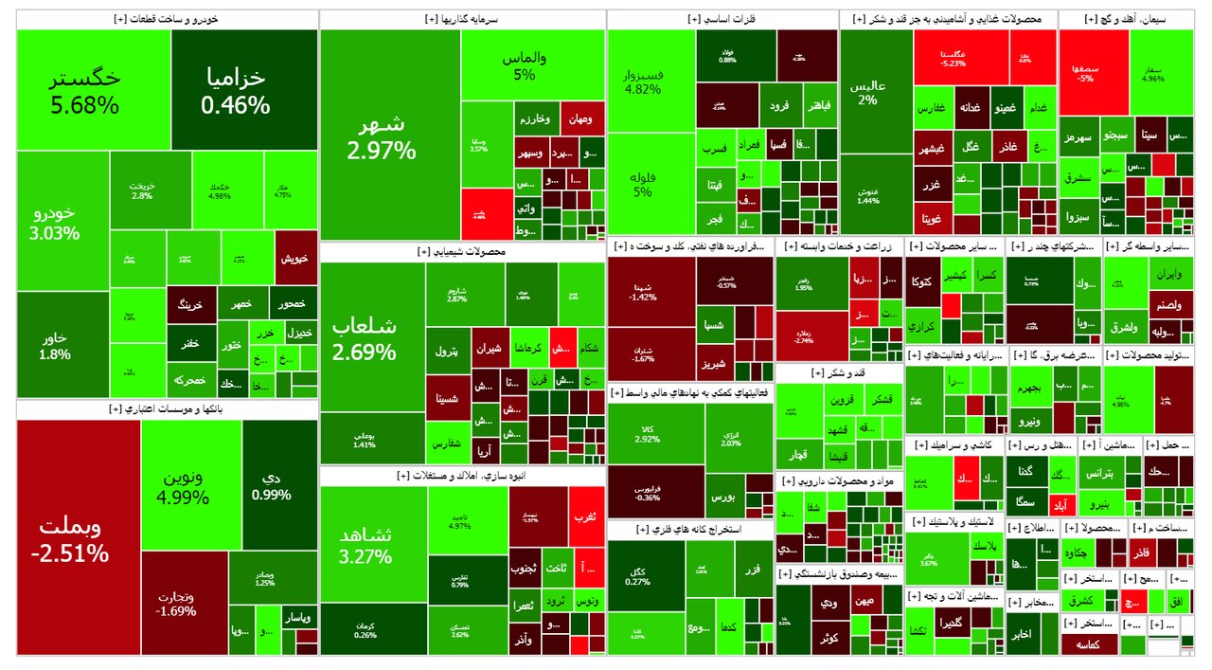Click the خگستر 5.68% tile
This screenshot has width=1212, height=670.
93,90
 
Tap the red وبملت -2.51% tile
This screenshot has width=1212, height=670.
78,538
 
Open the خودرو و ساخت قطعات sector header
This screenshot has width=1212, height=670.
167,19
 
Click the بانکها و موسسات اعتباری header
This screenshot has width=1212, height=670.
167,409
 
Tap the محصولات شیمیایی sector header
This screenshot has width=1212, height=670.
462,252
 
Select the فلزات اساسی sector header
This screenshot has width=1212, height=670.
722,19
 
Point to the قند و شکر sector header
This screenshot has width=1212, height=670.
838,373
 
